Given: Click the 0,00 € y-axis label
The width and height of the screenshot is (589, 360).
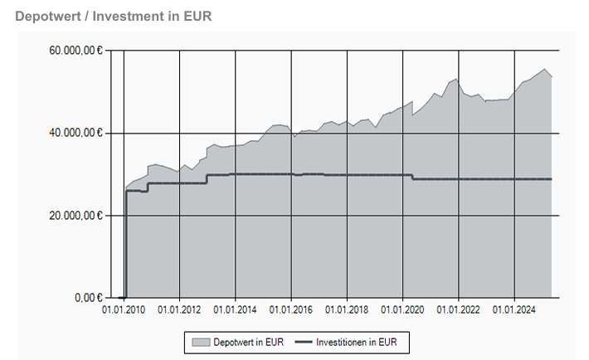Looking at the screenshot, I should pos(85,297).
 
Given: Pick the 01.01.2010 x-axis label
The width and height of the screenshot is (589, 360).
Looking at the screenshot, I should pos(124,310).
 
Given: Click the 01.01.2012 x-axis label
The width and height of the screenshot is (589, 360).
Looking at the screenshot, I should pos(180,310).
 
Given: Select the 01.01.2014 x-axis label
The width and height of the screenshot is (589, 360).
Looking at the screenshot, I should pos(236,310).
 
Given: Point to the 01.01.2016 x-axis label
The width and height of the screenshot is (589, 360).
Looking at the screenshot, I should pos(291,310).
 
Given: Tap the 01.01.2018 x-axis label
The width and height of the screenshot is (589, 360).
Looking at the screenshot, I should pos(348,310).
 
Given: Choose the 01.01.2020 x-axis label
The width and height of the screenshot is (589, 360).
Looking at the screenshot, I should pos(403,310).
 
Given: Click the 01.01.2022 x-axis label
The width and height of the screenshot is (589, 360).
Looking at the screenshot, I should pos(459,310).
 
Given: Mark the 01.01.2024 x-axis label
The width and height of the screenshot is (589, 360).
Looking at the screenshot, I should pos(514,310).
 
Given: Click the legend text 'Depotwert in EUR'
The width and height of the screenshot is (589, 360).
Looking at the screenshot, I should pos(248,341).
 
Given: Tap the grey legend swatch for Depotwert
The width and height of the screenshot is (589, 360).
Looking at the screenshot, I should pos(200,341).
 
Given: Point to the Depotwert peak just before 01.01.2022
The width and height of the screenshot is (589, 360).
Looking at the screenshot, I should pos(456,79).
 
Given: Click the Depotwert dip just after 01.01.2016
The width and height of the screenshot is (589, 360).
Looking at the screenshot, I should pos(294,136).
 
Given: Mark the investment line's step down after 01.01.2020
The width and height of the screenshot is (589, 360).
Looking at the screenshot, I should pos(412,177).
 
